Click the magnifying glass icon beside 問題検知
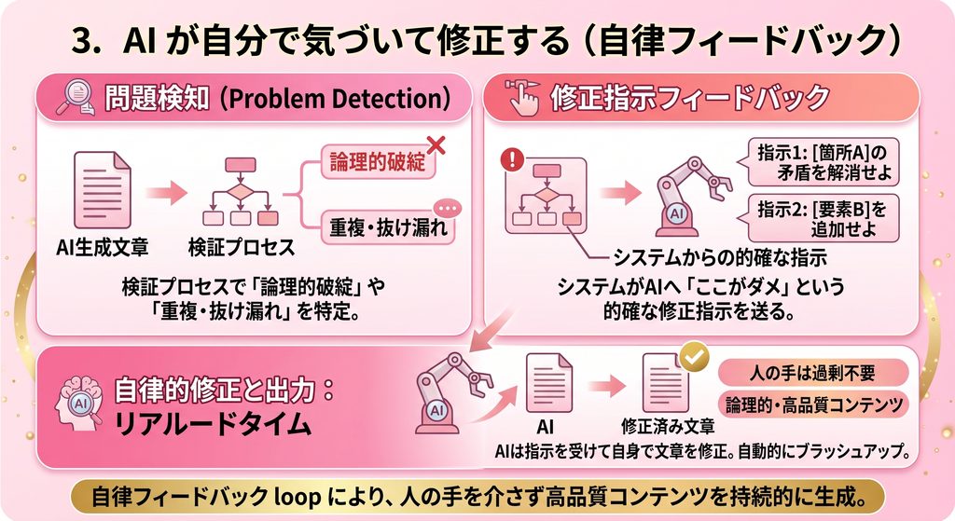coord(76,98)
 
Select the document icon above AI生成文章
coord(103,190)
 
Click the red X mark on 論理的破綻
coord(436,145)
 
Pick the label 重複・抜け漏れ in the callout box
coord(389,228)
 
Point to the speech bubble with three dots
coord(447,209)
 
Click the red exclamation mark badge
coord(512,159)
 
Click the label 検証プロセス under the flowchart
coord(242,247)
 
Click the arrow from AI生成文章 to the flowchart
coord(166,193)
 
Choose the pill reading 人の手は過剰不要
coord(813,373)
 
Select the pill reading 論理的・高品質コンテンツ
coord(813,404)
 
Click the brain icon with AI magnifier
coord(80,402)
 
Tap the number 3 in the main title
coord(83,42)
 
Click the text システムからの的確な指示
coord(721,257)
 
